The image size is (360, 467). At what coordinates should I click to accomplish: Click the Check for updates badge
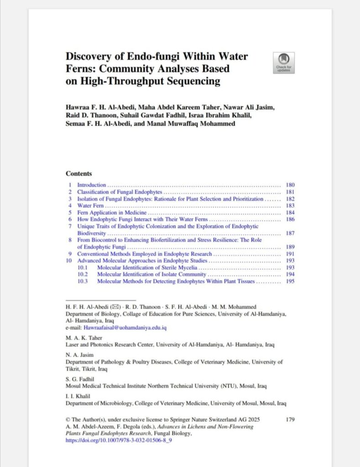coord(283,62)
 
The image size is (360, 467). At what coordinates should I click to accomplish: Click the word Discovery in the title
coord(89,57)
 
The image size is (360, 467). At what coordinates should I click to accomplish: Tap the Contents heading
coord(79,174)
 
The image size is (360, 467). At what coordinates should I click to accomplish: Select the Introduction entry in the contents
coord(92,185)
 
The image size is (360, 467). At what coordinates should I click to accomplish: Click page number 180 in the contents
coord(290,185)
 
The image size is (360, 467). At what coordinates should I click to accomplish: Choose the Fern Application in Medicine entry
coord(112,213)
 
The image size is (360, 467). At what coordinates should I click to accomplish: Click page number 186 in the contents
coord(290,219)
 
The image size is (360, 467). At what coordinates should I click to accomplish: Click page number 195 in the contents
coord(290,281)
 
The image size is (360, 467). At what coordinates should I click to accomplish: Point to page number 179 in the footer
coord(290,420)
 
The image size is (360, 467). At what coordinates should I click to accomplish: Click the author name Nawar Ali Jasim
coord(252,107)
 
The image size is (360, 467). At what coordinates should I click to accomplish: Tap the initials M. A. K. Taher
coord(83,338)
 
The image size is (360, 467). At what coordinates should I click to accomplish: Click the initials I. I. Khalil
coord(80,396)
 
